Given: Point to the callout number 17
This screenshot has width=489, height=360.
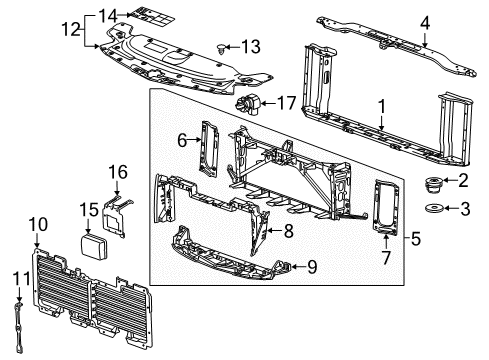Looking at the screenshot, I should pyautogui.click(x=287, y=102).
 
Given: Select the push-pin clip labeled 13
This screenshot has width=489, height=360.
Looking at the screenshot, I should pyautogui.click(x=222, y=47).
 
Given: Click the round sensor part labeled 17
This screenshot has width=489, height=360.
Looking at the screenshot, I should pyautogui.click(x=247, y=103).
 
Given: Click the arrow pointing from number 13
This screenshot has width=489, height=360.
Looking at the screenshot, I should pyautogui.click(x=232, y=47).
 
